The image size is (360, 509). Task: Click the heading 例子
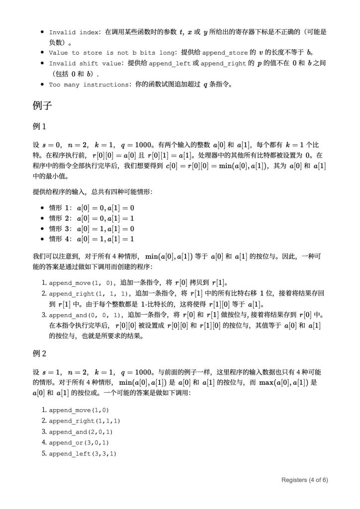(x=42, y=106)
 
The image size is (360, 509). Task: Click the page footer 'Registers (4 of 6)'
(x=304, y=480)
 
